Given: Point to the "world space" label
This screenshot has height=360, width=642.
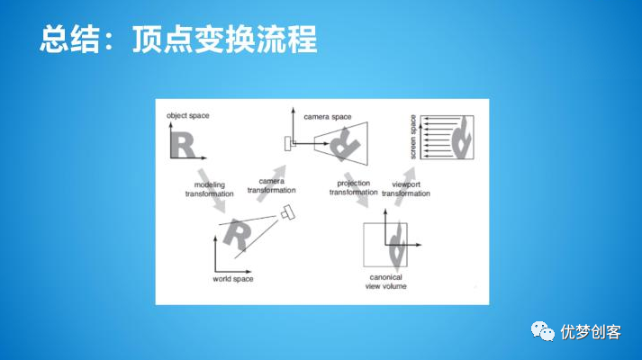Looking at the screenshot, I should (232, 280).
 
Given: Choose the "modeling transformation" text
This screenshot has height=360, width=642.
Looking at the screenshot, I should (209, 189).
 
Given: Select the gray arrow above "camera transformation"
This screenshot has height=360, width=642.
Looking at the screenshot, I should (278, 171).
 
